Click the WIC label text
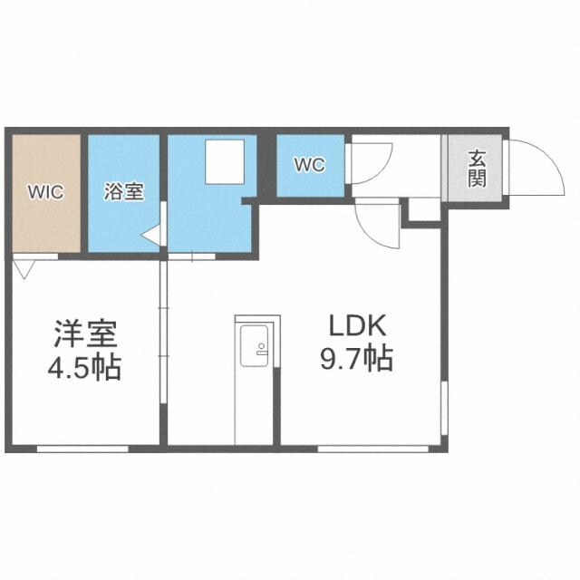(x=44, y=192)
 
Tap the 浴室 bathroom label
(x=124, y=192)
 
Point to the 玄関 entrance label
(x=477, y=167)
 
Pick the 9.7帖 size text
(x=356, y=360)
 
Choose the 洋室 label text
(x=84, y=335)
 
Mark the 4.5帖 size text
(x=84, y=369)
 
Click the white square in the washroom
(x=224, y=162)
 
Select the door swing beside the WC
(x=371, y=164)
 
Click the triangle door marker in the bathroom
(x=152, y=237)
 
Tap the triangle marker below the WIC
(x=24, y=266)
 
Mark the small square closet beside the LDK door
(x=420, y=208)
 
